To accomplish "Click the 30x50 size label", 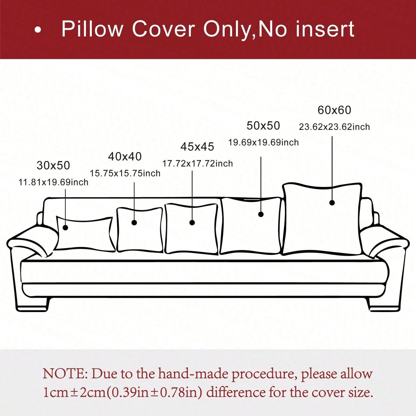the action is pyautogui.click(x=53, y=166).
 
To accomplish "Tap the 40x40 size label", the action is pyautogui.click(x=125, y=157).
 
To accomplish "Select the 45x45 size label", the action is pyautogui.click(x=197, y=147).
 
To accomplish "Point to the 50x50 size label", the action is pyautogui.click(x=263, y=126).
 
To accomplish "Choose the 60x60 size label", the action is pyautogui.click(x=335, y=110).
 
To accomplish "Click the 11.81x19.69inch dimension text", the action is pyautogui.click(x=54, y=183).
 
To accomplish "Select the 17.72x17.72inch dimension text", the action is pyautogui.click(x=197, y=164).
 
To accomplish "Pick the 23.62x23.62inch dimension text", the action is pyautogui.click(x=335, y=127).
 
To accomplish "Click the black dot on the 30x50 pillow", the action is pyautogui.click(x=65, y=227).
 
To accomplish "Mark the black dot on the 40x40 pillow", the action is pyautogui.click(x=134, y=223).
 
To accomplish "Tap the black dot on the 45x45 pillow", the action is pyautogui.click(x=192, y=223).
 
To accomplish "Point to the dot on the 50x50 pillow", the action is pyautogui.click(x=261, y=214).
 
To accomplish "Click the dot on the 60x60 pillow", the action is pyautogui.click(x=332, y=203).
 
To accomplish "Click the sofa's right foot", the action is pyautogui.click(x=383, y=304).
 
